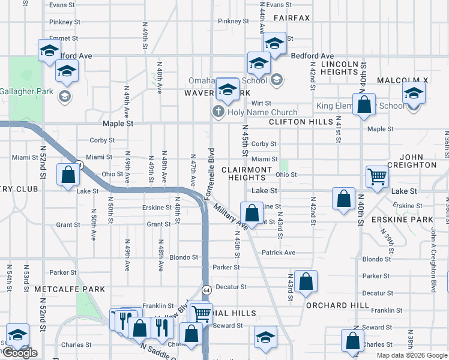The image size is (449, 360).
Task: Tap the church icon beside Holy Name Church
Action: [x=218, y=112]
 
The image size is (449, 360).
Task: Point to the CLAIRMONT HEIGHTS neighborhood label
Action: [x=247, y=173]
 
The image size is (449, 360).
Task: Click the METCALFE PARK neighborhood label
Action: [x=70, y=289]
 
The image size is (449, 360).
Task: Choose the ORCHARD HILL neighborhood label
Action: [x=337, y=305]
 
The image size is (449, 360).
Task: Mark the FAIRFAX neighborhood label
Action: [x=292, y=18]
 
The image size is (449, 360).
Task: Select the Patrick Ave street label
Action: [x=279, y=253]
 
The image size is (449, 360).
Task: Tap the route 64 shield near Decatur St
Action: [x=205, y=289]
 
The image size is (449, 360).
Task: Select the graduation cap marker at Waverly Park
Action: [x=228, y=90]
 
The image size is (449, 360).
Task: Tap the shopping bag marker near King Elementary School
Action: [x=364, y=104]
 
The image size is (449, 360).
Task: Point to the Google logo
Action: [x=20, y=353]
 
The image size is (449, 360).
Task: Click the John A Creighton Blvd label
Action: [x=433, y=258]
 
